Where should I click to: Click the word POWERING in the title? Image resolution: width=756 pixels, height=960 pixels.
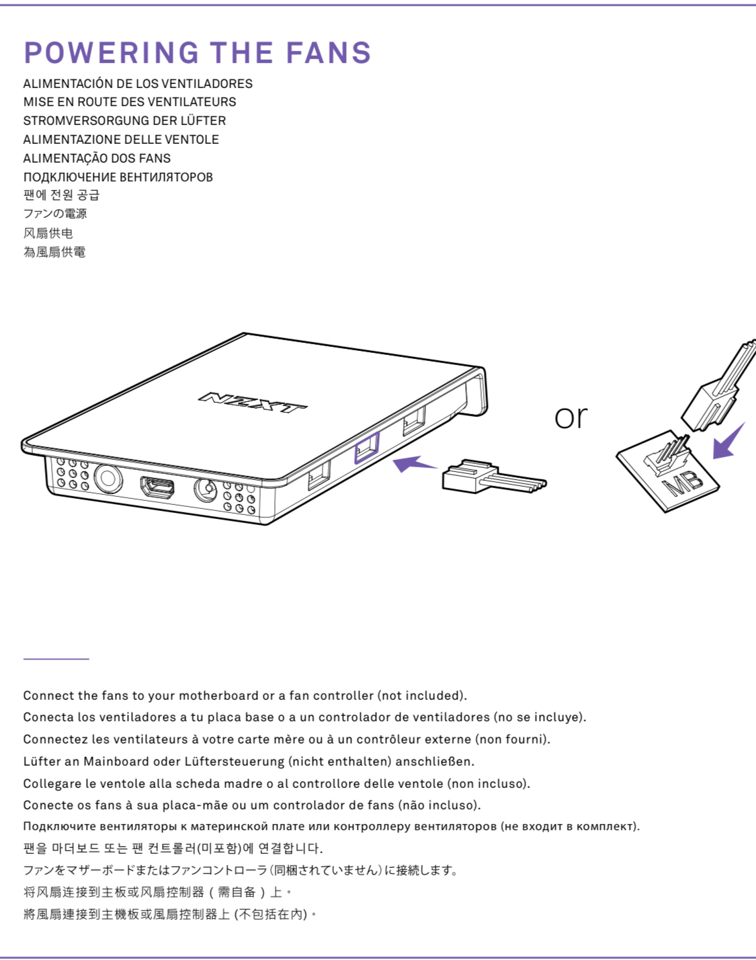(112, 53)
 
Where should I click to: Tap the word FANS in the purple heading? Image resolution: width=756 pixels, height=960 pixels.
(328, 53)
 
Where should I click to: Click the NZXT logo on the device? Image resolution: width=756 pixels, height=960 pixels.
(253, 402)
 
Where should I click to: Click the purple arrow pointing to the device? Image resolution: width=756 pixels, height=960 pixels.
(413, 463)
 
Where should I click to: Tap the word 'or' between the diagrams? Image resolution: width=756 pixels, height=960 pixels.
(571, 417)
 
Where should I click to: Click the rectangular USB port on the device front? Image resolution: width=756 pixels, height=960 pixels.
(157, 487)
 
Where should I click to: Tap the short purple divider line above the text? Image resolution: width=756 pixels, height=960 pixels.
(56, 659)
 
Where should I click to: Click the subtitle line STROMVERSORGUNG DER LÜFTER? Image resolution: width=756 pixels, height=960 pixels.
(124, 121)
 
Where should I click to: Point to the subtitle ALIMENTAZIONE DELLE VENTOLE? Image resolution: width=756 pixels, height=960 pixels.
(121, 140)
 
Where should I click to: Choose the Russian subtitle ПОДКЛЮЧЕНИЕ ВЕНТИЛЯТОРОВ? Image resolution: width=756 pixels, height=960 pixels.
(118, 177)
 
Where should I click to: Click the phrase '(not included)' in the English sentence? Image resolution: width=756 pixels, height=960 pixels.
(421, 696)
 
